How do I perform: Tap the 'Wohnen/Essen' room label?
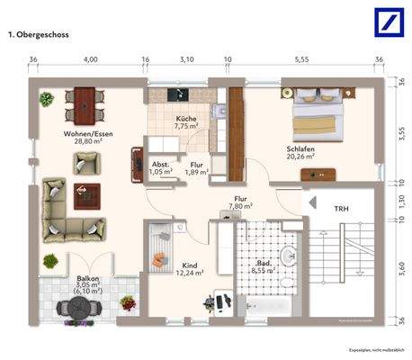point(84,133)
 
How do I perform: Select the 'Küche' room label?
point(186,119)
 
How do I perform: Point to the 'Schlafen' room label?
point(300,147)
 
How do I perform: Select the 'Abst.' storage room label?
point(160,164)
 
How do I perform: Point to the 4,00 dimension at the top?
point(90,58)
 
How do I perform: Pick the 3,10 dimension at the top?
point(186,58)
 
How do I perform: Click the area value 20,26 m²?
point(300,156)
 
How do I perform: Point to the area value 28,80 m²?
point(84,142)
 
